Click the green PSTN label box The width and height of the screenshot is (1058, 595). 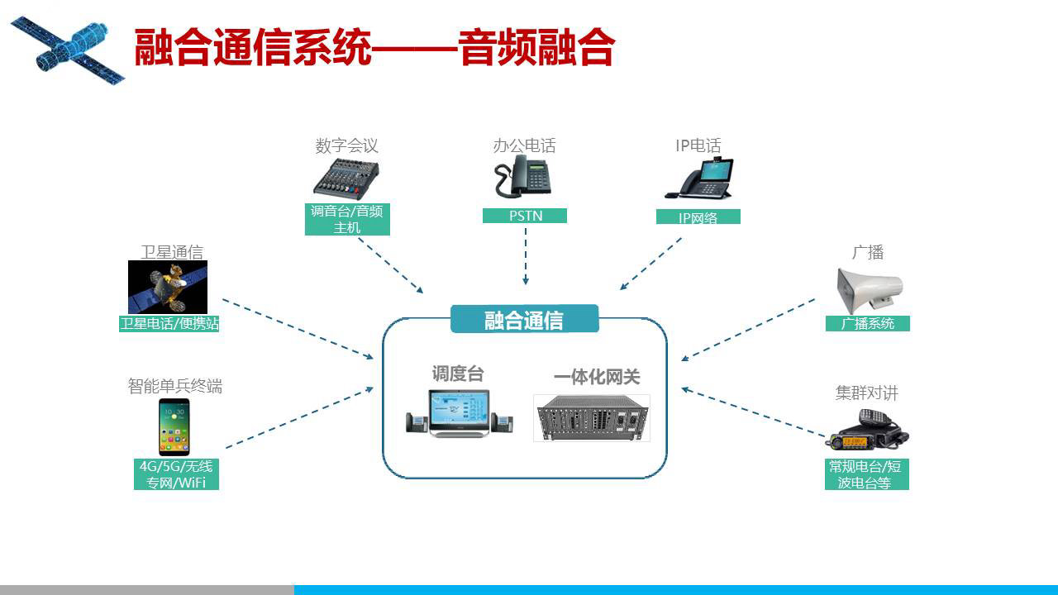(525, 216)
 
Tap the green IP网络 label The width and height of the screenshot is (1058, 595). (698, 217)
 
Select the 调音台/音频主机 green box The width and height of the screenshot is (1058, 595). (347, 219)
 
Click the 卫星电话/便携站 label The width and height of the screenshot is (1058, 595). (169, 323)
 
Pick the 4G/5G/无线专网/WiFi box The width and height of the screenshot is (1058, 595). (176, 474)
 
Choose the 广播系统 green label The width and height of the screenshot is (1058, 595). (868, 323)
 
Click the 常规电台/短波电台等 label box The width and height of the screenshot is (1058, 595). (867, 474)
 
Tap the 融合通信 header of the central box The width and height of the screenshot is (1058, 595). (525, 319)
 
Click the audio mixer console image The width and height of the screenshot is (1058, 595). (346, 179)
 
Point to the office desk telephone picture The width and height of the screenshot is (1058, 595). (523, 176)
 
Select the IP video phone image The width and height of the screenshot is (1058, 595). (699, 178)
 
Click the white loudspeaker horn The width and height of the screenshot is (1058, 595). (868, 289)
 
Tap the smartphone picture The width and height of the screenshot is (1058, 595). (174, 427)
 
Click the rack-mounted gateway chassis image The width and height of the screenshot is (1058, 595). (592, 418)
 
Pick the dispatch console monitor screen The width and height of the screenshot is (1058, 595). (459, 409)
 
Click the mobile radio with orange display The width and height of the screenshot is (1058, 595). (867, 430)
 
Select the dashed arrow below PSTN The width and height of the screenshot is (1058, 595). (526, 256)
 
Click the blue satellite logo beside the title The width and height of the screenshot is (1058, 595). (69, 50)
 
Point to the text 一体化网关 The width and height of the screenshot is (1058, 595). (597, 376)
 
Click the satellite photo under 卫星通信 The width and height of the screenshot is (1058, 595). (168, 287)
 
